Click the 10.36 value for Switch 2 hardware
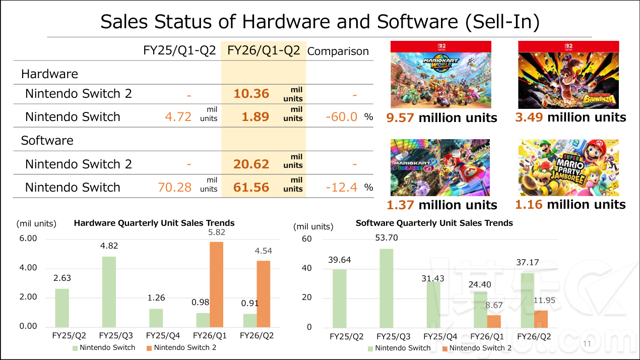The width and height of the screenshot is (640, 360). tap(251, 94)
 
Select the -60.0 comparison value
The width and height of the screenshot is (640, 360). tap(341, 117)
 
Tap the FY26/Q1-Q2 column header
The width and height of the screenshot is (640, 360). tap(264, 50)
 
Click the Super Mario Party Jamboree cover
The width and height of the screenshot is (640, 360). tap(568, 167)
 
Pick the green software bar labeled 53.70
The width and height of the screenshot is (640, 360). tap(386, 288)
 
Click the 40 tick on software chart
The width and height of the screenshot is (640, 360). tap(306, 268)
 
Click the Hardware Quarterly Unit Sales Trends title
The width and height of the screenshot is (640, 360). tap(154, 223)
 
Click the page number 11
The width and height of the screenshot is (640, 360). tap(586, 344)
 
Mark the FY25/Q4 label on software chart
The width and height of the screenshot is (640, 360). tap(440, 336)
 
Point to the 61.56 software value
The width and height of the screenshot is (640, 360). tap(251, 188)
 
